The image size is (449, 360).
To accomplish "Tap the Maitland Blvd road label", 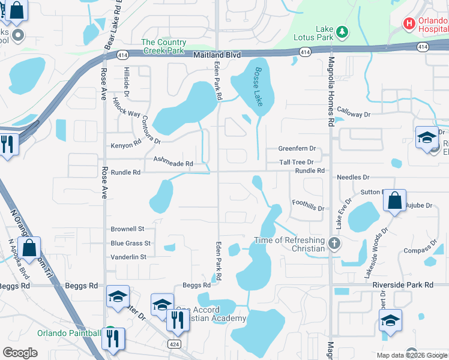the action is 217,55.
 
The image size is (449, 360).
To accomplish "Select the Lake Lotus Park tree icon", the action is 341,31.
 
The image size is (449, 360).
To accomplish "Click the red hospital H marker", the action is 409,23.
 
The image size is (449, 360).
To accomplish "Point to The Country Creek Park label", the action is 164,46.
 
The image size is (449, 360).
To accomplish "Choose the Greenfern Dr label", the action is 297,148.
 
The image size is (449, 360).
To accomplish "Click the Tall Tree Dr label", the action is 297,162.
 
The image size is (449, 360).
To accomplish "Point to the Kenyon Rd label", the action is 125,145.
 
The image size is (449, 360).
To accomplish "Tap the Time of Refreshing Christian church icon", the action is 335,244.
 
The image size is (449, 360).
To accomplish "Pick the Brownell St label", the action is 128,229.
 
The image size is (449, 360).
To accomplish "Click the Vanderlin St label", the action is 128,257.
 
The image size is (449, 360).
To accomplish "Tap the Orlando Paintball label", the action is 69,334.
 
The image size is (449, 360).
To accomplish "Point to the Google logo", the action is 20,353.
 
